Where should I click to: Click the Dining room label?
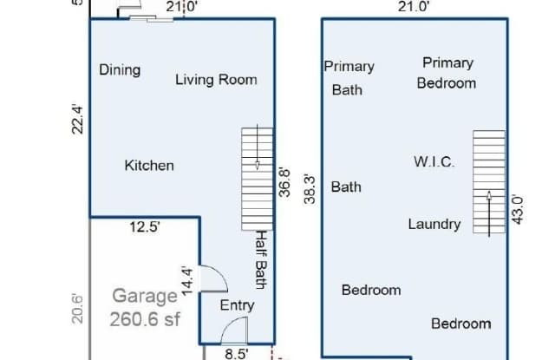[x=120, y=70]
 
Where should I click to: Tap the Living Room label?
[x=216, y=80]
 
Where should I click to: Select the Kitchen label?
[x=148, y=165]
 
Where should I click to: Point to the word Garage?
[x=145, y=296]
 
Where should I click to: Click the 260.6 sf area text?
[x=145, y=318]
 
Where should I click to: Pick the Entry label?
[x=237, y=305]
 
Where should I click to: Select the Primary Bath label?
[x=349, y=77]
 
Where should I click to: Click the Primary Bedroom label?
[x=447, y=73]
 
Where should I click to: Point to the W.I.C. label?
[x=434, y=162]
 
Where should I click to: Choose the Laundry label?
[x=434, y=224]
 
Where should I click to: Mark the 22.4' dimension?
[x=78, y=119]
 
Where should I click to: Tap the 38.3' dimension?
[x=310, y=188]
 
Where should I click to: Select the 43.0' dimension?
[x=518, y=211]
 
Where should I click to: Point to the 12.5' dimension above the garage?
[x=145, y=228]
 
